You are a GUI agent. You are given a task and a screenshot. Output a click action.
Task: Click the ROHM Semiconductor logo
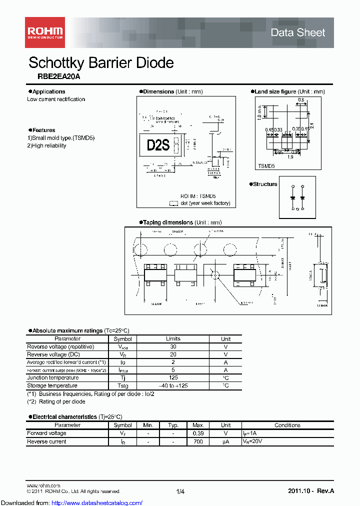pos(45,32)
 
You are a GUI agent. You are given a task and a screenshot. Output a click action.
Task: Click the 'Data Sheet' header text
pos(297,32)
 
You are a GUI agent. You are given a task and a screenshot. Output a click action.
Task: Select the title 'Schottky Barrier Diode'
pos(101,63)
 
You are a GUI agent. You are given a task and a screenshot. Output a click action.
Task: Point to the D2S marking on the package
pos(158,145)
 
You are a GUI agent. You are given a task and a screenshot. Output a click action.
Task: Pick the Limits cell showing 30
pos(173,346)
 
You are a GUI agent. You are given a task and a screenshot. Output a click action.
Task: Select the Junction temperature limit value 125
pos(173,378)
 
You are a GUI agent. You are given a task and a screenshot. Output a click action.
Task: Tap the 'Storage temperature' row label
pos(52,385)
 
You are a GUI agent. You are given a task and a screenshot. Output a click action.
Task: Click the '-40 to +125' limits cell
pos(173,385)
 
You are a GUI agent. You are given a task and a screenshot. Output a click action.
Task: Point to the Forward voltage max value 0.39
pos(197,433)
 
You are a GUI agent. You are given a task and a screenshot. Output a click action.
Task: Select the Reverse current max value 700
pos(197,441)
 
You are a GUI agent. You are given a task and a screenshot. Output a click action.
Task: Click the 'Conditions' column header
pos(287,425)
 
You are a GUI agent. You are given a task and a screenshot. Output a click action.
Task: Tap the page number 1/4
pos(180,491)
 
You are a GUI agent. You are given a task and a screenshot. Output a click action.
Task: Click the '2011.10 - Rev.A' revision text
pos(310,491)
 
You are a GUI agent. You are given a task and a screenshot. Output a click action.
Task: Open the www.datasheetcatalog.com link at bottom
pos(95,502)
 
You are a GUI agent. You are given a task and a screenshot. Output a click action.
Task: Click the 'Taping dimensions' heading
pos(167,222)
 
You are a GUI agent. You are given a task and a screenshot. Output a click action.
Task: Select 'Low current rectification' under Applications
pos(56,99)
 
